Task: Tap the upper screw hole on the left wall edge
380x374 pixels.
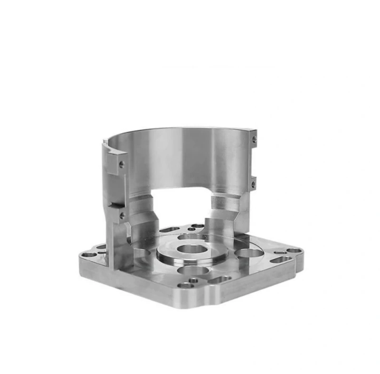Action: tap(122, 165)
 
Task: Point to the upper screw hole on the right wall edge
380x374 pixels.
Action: tap(255, 140)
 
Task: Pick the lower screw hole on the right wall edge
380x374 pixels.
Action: tap(254, 183)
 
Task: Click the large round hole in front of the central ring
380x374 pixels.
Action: tap(192, 271)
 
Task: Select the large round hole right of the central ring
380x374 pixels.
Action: tap(247, 253)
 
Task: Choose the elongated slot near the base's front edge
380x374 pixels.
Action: tap(219, 280)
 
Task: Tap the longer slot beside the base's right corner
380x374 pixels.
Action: tap(279, 260)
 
